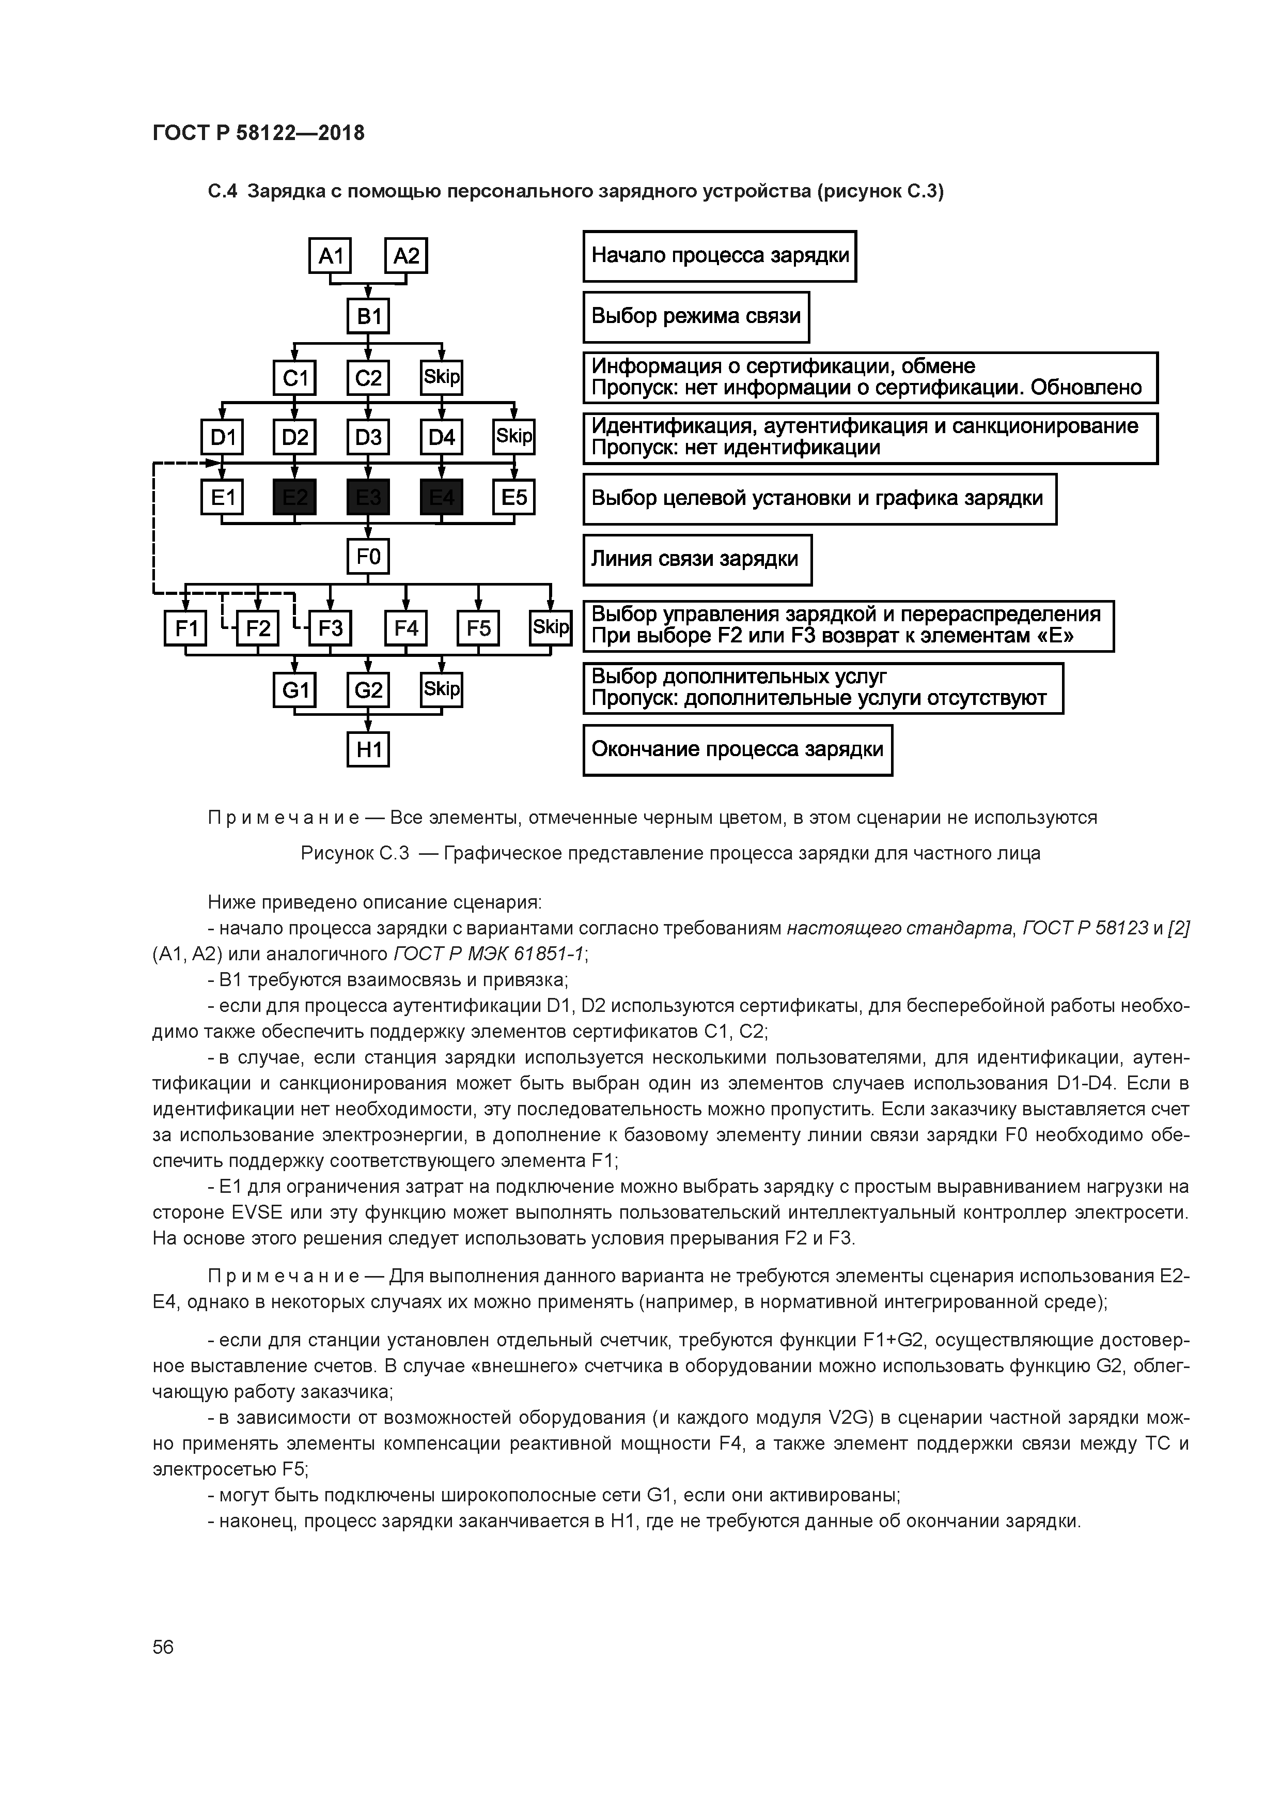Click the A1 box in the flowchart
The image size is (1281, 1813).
[330, 256]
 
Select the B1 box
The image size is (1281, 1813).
[369, 317]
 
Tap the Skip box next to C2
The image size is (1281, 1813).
[441, 377]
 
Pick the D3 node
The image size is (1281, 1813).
[368, 437]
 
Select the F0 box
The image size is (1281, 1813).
[368, 558]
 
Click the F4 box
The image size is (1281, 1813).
[405, 628]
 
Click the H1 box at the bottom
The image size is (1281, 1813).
[368, 749]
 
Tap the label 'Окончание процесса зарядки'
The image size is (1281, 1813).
[737, 750]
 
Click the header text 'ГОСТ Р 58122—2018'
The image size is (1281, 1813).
[258, 133]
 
